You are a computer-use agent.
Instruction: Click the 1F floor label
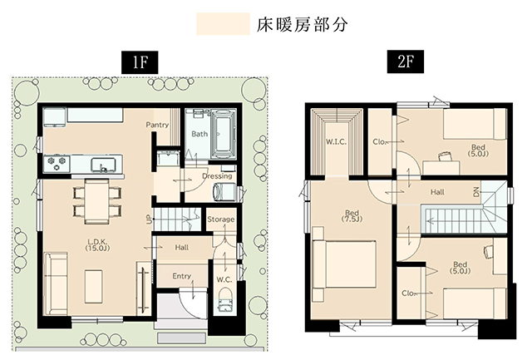pos(140,62)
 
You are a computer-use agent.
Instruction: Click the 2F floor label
pos(406,62)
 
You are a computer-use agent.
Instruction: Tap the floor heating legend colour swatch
pos(223,24)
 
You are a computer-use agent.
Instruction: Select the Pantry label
pos(157,125)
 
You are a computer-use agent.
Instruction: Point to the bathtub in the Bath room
pos(224,134)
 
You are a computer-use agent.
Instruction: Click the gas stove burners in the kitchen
pos(57,164)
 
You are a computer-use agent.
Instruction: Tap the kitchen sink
pos(103,165)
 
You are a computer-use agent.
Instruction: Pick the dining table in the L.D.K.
pos(96,201)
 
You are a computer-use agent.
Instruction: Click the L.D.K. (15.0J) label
pos(97,244)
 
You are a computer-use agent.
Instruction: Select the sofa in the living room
pos(56,284)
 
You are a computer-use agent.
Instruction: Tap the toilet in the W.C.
pos(225,299)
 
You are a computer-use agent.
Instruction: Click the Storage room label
pos(220,219)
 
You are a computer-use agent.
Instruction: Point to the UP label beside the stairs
pos(149,220)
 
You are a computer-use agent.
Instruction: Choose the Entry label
pos(181,276)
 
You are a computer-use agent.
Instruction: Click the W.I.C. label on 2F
pos(336,142)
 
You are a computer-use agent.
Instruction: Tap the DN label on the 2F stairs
pos(476,192)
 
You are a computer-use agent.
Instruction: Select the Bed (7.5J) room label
pos(352,216)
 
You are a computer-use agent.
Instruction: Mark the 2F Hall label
pos(437,192)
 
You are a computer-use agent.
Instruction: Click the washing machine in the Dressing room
pos(224,192)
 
